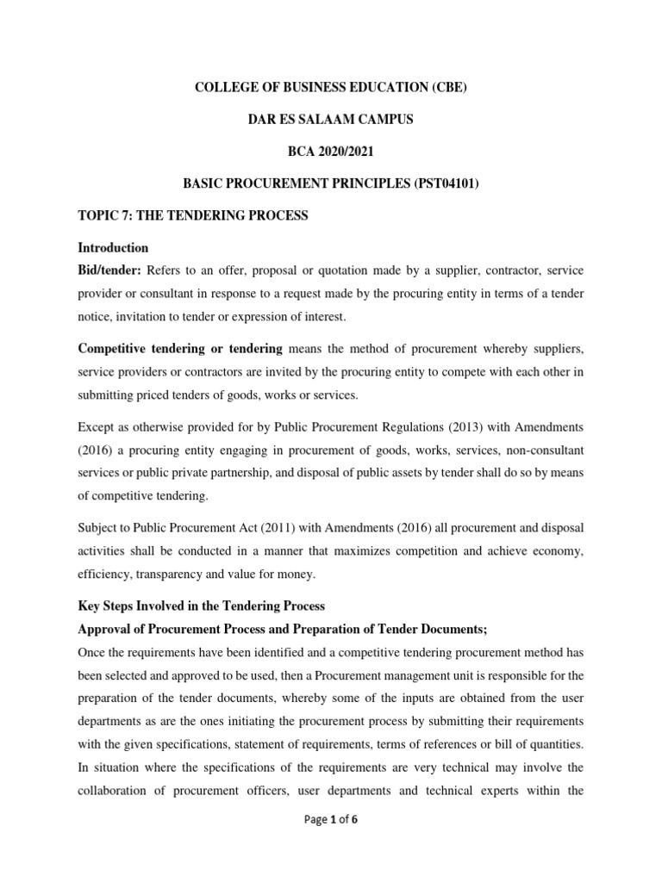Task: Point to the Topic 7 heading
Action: click(193, 215)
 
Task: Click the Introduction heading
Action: click(113, 248)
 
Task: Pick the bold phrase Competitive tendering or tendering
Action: click(180, 348)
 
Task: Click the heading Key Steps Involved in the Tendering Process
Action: click(201, 606)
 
